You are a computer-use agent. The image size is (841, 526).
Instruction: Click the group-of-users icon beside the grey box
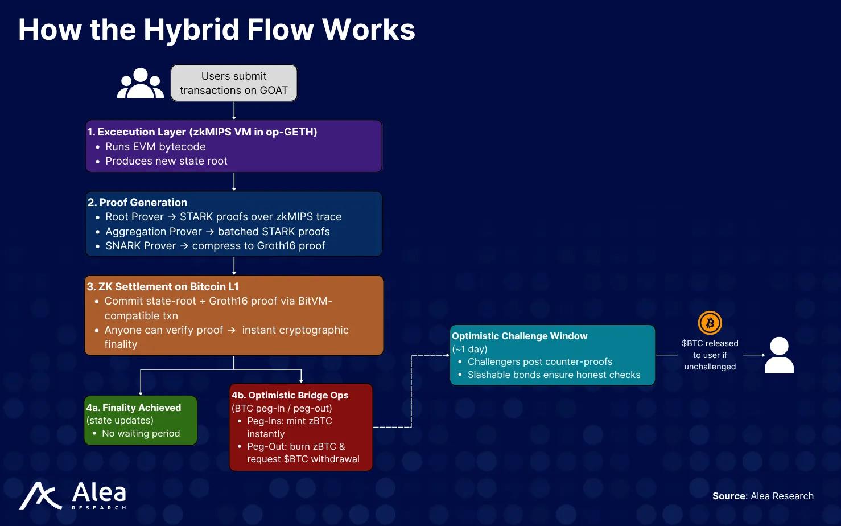coord(140,84)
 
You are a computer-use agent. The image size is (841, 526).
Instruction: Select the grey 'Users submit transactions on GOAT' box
coord(234,83)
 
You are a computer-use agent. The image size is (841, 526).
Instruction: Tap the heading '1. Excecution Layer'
coord(202,131)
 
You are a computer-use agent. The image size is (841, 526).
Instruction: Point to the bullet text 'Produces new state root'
coord(166,161)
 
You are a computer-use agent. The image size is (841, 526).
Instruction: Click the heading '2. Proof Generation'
coord(137,202)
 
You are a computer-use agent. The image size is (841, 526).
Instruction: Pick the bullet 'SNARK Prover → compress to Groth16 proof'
coord(215,246)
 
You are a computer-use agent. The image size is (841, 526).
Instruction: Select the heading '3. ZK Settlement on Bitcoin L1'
coord(163,287)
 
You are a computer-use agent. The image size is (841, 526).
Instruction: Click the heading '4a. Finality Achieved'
coord(134,408)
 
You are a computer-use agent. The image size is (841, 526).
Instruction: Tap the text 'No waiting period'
coord(141,434)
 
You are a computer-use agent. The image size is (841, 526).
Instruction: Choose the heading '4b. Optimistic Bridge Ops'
coord(290,395)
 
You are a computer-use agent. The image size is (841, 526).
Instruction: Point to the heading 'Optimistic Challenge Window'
coord(520,336)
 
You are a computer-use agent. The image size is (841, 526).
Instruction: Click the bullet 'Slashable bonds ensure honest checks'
coord(554,375)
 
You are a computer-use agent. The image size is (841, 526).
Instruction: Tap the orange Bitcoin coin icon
coord(710,323)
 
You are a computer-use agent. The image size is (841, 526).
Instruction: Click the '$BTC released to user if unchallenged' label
coord(710,355)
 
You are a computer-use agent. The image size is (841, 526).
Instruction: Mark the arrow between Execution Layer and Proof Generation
coord(234,182)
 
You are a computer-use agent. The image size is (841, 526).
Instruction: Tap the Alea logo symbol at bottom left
coord(40,496)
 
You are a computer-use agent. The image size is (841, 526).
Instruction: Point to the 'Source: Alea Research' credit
coord(762,496)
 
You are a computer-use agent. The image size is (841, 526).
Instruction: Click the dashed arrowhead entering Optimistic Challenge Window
coord(447,355)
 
